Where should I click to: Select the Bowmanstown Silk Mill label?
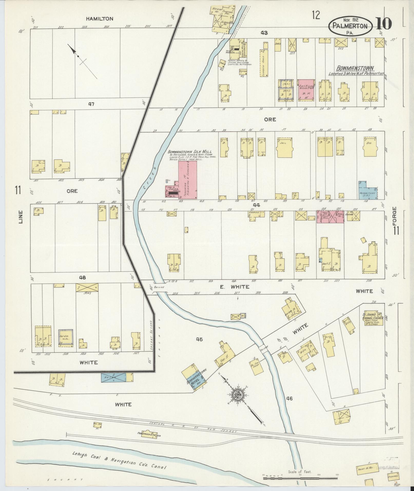pyautogui.click(x=190, y=151)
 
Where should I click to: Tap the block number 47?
pyautogui.click(x=91, y=104)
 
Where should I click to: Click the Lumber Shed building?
pyautogui.click(x=266, y=62)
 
